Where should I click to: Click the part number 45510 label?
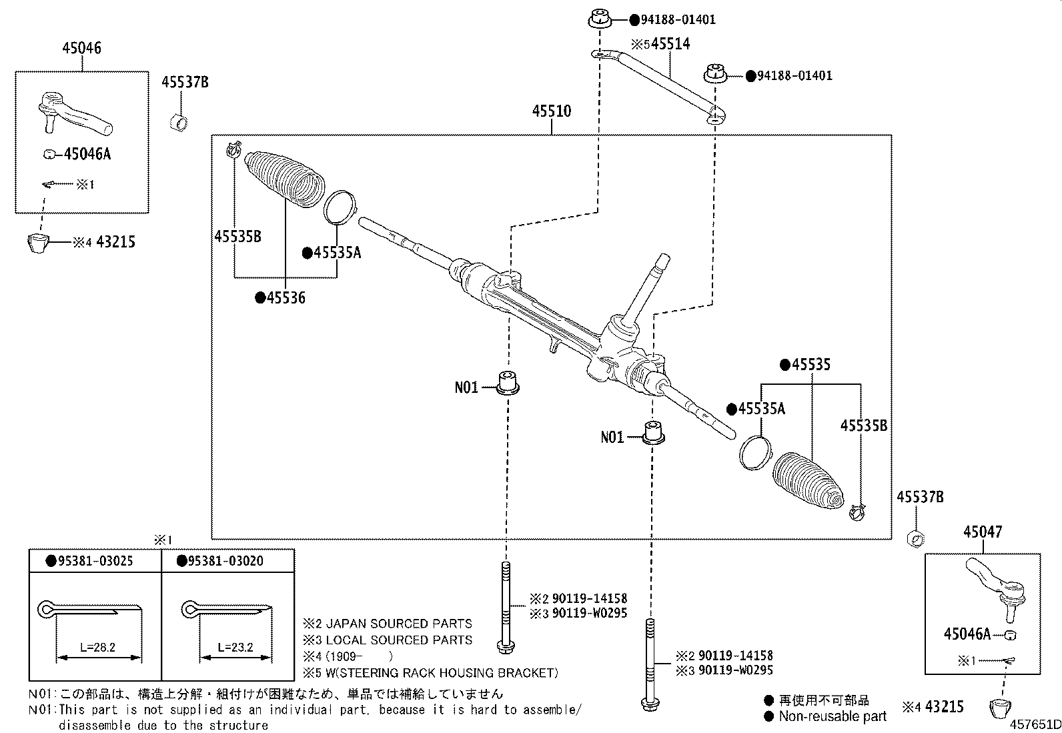(x=551, y=111)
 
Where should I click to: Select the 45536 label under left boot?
(x=286, y=298)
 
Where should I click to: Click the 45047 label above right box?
(x=982, y=532)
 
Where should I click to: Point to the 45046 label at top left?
(x=82, y=48)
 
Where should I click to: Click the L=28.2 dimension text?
(x=97, y=647)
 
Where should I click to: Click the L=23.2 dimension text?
(x=235, y=647)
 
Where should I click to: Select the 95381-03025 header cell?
(x=94, y=561)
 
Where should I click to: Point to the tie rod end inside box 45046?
(x=73, y=113)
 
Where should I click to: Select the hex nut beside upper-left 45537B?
(x=178, y=122)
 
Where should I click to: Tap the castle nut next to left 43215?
(x=39, y=243)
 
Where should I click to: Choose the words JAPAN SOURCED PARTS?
(x=398, y=624)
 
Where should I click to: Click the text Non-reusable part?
(x=833, y=716)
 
